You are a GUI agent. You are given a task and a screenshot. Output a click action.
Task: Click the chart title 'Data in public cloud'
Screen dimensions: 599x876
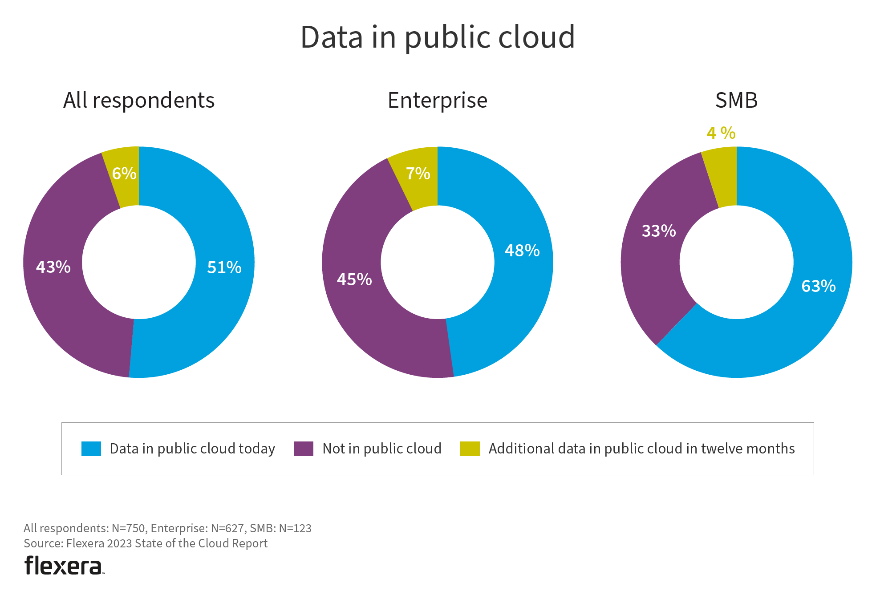(x=438, y=37)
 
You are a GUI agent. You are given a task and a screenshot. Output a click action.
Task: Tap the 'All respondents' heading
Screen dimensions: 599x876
(x=139, y=101)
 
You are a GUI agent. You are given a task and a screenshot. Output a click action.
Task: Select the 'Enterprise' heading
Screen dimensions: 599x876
(x=438, y=101)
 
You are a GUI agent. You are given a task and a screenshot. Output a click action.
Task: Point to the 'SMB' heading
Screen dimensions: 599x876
(x=736, y=101)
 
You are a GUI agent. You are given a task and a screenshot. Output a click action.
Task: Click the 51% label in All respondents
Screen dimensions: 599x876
(x=224, y=267)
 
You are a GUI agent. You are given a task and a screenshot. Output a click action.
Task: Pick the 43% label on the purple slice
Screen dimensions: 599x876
(x=53, y=267)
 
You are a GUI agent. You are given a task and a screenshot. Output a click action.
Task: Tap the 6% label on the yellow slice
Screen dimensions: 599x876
(x=124, y=174)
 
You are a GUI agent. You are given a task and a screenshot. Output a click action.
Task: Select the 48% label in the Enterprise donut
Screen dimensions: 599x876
(x=522, y=251)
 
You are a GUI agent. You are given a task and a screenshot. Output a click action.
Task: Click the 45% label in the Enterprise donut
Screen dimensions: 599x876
(x=354, y=279)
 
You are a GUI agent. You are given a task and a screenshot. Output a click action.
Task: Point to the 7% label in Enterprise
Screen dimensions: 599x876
(x=418, y=174)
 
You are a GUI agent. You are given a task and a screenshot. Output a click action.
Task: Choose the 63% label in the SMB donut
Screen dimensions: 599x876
(x=819, y=286)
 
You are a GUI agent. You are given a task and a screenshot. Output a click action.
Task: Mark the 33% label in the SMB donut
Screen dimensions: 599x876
(x=659, y=231)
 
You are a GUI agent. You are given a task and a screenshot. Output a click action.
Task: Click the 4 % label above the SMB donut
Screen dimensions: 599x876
(x=721, y=133)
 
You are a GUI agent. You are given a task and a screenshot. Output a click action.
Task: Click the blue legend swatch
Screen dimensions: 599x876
(x=91, y=449)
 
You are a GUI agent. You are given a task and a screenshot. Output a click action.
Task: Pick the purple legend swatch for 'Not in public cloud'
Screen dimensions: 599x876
(x=304, y=449)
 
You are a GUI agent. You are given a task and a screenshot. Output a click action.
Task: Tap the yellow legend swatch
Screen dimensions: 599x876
(x=470, y=449)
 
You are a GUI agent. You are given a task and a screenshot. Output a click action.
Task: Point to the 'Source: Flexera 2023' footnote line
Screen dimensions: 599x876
(x=146, y=543)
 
